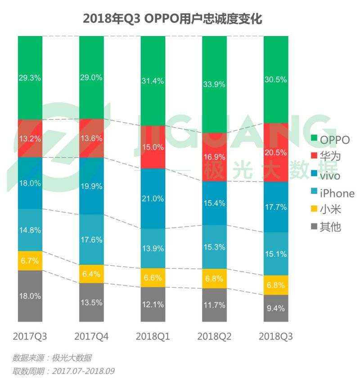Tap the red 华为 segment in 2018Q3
point(276,152)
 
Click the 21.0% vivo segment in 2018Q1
point(153,198)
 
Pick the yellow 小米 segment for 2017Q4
point(91,274)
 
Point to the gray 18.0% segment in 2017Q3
point(30,296)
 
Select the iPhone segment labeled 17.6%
point(91,240)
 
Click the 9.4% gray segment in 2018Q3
point(276,308)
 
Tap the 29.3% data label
point(30,77)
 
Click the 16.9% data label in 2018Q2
point(214,157)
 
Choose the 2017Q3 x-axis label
point(30,336)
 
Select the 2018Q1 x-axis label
point(153,336)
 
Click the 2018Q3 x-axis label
point(276,336)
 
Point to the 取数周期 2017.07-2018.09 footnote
point(63,372)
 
